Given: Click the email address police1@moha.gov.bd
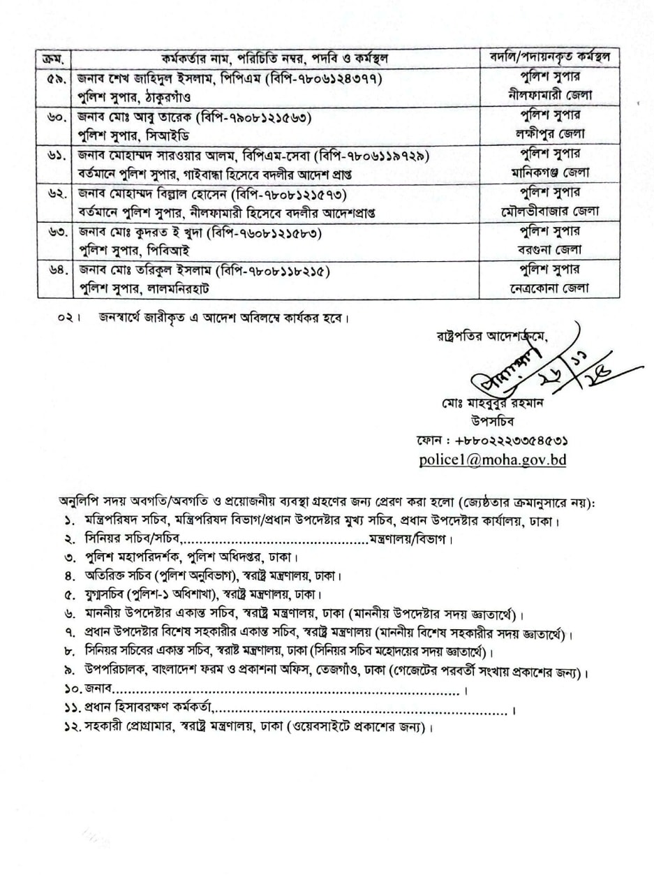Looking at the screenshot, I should click(492, 459).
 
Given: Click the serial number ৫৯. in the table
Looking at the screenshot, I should click(54, 78).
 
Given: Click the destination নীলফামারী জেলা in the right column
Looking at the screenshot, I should click(551, 95).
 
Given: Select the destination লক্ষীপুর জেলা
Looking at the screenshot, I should click(551, 133).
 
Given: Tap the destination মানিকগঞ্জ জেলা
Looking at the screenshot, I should click(551, 172).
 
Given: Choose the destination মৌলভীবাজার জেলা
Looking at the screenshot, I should click(551, 211).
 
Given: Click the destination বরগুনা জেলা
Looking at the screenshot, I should click(551, 249).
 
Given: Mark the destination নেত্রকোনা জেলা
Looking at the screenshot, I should click(551, 288).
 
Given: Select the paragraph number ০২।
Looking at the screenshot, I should click(70, 318).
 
